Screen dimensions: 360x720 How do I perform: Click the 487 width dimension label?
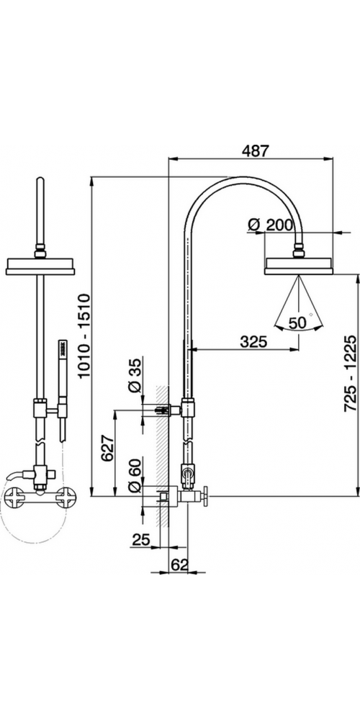click(253, 151)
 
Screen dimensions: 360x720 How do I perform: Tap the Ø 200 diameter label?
click(270, 225)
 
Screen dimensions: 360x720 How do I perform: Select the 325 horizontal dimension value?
click(254, 341)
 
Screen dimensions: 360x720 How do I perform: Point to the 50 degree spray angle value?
click(297, 323)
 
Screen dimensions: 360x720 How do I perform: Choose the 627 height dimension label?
click(107, 448)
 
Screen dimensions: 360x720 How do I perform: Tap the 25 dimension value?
click(141, 540)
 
